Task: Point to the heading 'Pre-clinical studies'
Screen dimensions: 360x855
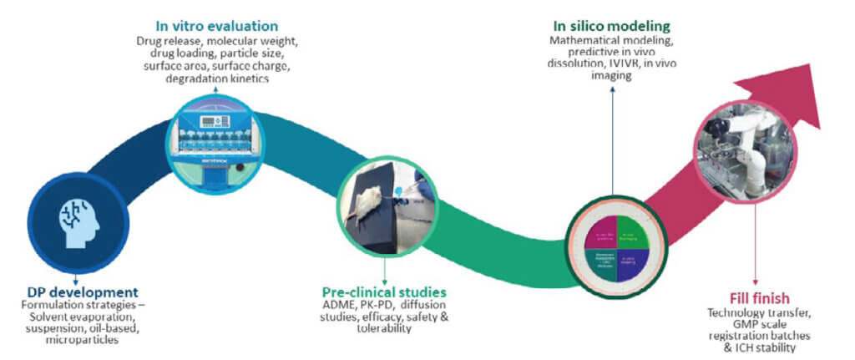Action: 384,293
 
